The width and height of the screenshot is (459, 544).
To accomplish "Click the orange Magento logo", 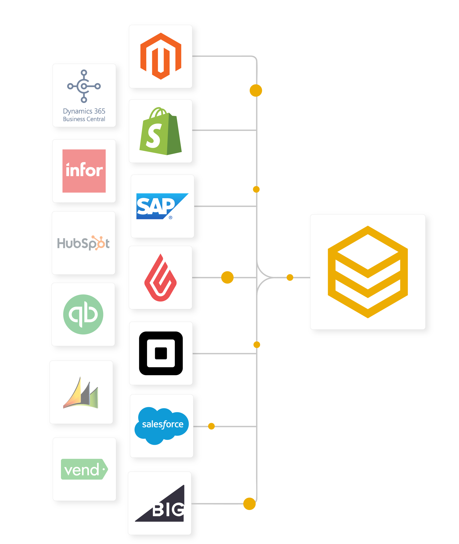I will click(x=161, y=56).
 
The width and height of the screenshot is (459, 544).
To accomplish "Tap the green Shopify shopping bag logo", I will click(x=161, y=131).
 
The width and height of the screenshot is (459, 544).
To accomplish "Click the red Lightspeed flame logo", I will click(x=161, y=278).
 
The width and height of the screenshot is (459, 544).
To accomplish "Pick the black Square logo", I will click(x=161, y=353).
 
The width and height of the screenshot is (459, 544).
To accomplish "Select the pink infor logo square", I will click(x=84, y=171).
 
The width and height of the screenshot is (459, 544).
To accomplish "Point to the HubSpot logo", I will click(x=83, y=243).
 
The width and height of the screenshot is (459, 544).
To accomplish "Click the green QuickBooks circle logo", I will click(x=83, y=314).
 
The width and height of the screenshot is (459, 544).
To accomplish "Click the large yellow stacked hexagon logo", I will click(x=368, y=272).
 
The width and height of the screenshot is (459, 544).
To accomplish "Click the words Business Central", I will click(x=84, y=119).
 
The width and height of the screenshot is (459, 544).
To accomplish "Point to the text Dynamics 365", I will click(x=84, y=111).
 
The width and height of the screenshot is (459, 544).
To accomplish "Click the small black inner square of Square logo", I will click(x=161, y=353).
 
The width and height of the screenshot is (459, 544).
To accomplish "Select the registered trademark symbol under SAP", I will click(x=170, y=218).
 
